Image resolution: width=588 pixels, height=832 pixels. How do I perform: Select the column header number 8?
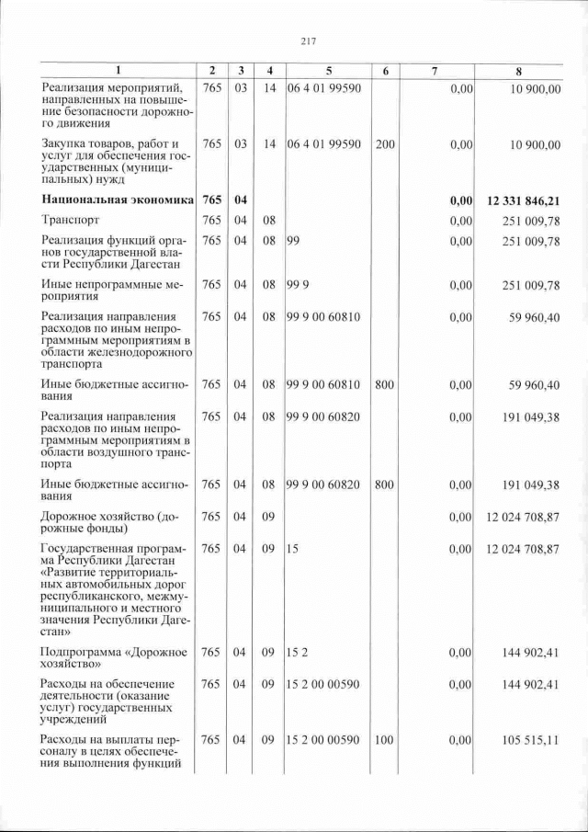[521, 71]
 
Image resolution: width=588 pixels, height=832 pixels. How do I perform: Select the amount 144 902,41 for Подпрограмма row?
[531, 654]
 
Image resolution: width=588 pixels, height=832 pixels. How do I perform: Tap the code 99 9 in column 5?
[296, 285]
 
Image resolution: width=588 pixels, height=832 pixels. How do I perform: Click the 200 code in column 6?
[385, 144]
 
